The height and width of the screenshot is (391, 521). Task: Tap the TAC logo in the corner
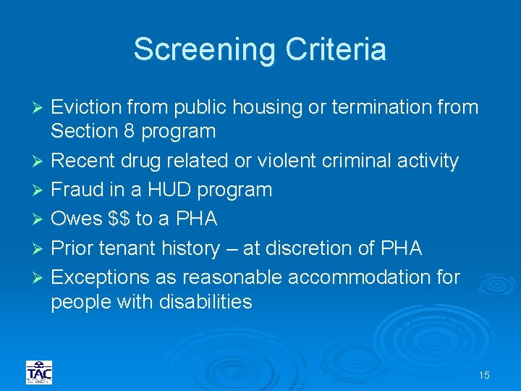[38, 372]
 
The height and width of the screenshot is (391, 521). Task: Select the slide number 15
[484, 375]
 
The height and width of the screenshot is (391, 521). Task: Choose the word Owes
[77, 219]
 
